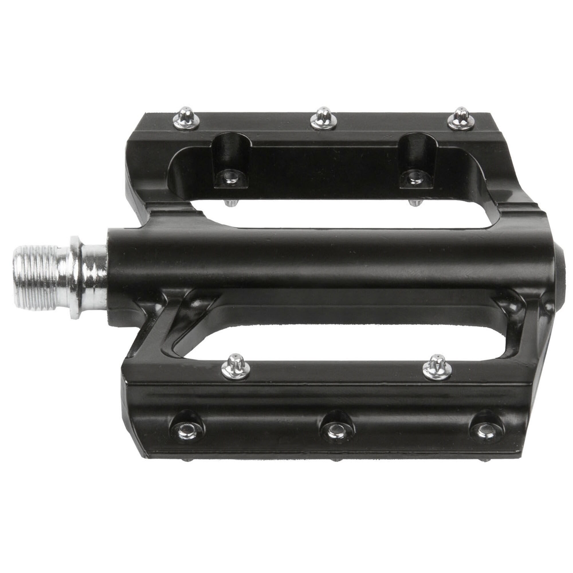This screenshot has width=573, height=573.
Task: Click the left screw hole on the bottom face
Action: (186, 429)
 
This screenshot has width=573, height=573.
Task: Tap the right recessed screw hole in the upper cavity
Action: (413, 177)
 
